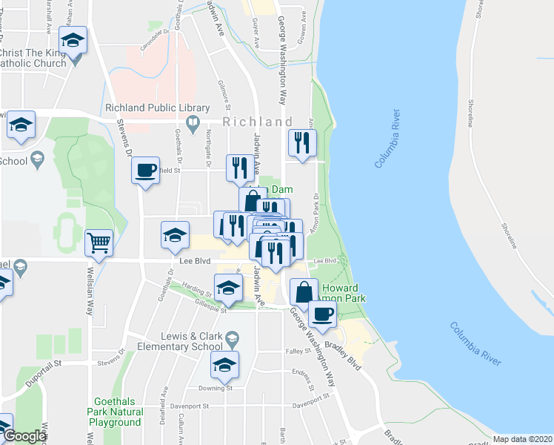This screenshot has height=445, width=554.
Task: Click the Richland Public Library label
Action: (153, 108)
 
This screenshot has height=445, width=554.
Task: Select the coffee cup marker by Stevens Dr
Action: (146, 171)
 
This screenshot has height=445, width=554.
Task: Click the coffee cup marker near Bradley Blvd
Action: (321, 313)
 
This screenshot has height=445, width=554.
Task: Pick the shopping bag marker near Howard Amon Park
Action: (304, 291)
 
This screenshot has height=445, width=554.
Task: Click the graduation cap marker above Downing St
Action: (225, 365)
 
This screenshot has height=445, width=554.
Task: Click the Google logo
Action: (24, 436)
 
